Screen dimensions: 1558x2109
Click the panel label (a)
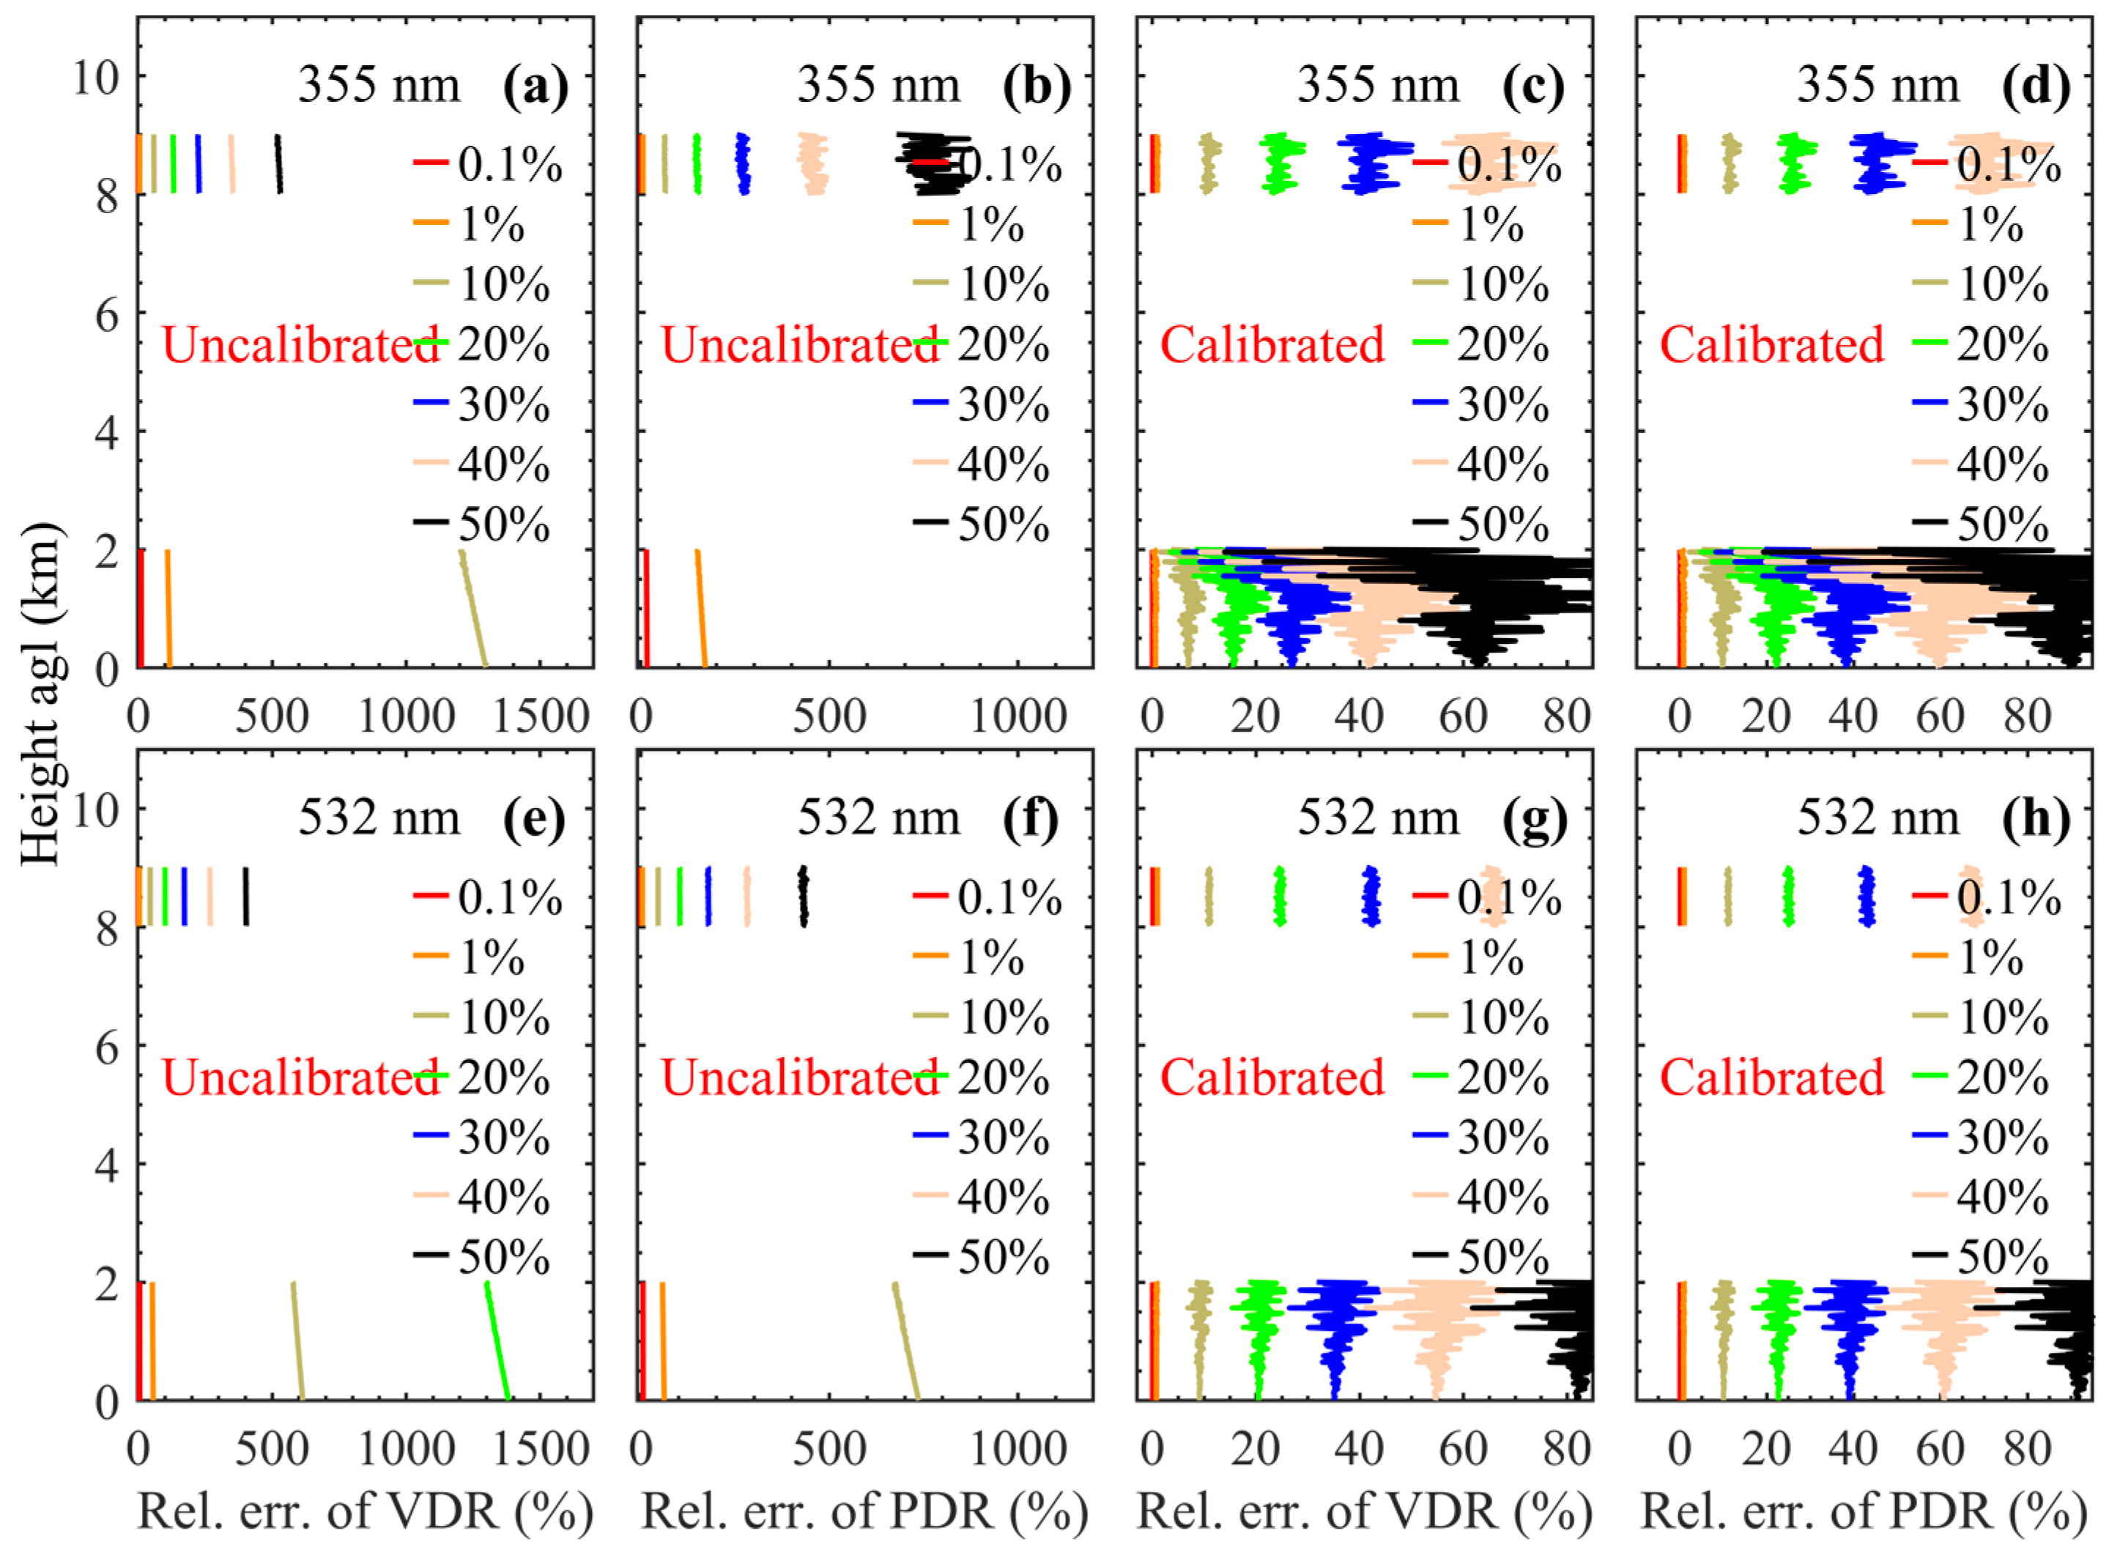coord(535,86)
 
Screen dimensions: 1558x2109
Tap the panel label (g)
coord(1535,819)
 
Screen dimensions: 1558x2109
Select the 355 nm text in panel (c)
coord(1377,86)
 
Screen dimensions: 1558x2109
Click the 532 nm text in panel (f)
coord(878,819)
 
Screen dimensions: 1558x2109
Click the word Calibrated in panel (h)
coord(1771,1078)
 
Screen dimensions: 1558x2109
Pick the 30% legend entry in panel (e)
coord(483,1138)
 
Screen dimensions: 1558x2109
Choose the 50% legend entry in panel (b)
coord(982,524)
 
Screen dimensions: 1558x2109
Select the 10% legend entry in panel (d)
coord(1981,285)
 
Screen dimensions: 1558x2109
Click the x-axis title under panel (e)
coord(365,1513)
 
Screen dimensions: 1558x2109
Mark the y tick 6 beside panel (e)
coord(105,1047)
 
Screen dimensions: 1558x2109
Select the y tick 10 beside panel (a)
coord(96,76)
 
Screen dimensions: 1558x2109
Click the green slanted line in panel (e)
coord(497,1341)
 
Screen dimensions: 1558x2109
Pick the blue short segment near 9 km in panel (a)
coord(198,164)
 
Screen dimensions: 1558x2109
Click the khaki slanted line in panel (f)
coord(905,1341)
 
